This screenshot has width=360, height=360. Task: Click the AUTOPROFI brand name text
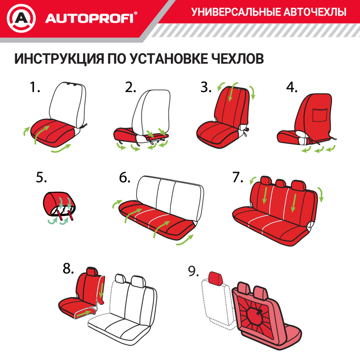90,19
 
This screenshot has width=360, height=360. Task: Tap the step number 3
206,87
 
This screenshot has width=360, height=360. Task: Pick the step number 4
291,87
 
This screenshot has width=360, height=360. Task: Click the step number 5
41,177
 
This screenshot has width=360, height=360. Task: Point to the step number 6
125,177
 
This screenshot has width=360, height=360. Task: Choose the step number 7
237,177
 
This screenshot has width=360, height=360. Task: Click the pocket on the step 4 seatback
321,115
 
